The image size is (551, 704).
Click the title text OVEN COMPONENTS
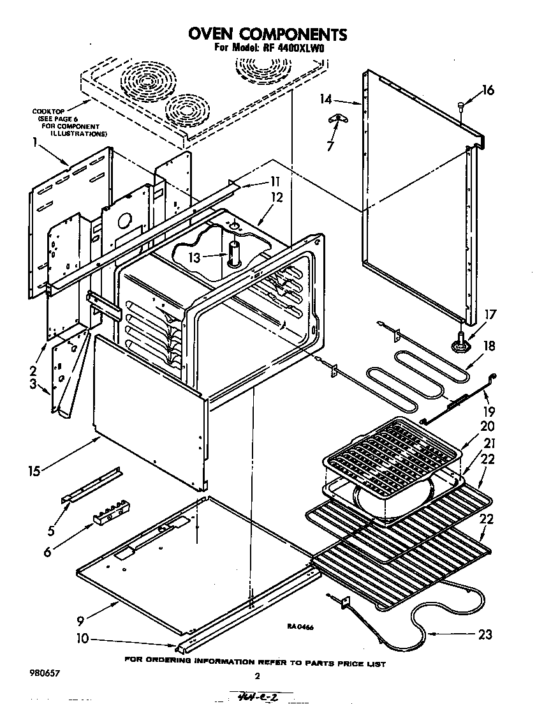pos(267,34)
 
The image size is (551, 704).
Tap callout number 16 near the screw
pos(487,90)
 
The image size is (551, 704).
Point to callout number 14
pos(327,99)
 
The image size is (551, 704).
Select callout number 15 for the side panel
pos(34,471)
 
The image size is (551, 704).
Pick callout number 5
pos(51,529)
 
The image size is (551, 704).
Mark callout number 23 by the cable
pos(485,634)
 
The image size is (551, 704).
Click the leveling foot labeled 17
pos(461,344)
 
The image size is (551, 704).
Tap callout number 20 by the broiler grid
pos(488,426)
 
